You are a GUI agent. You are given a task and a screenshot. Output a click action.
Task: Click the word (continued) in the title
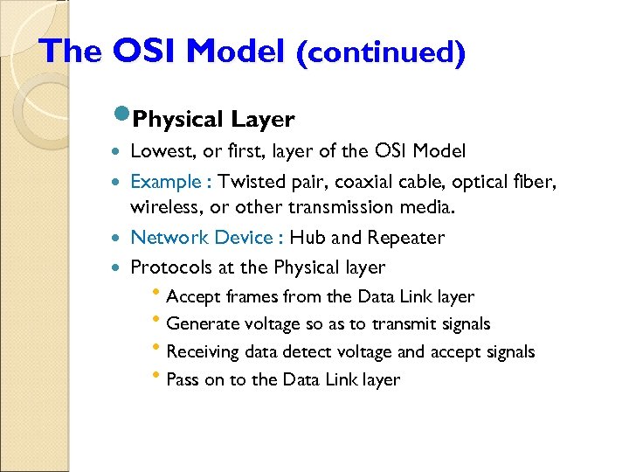380,52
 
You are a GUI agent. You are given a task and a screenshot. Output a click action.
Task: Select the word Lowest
158,151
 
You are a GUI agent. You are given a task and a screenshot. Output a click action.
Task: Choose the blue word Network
169,238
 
